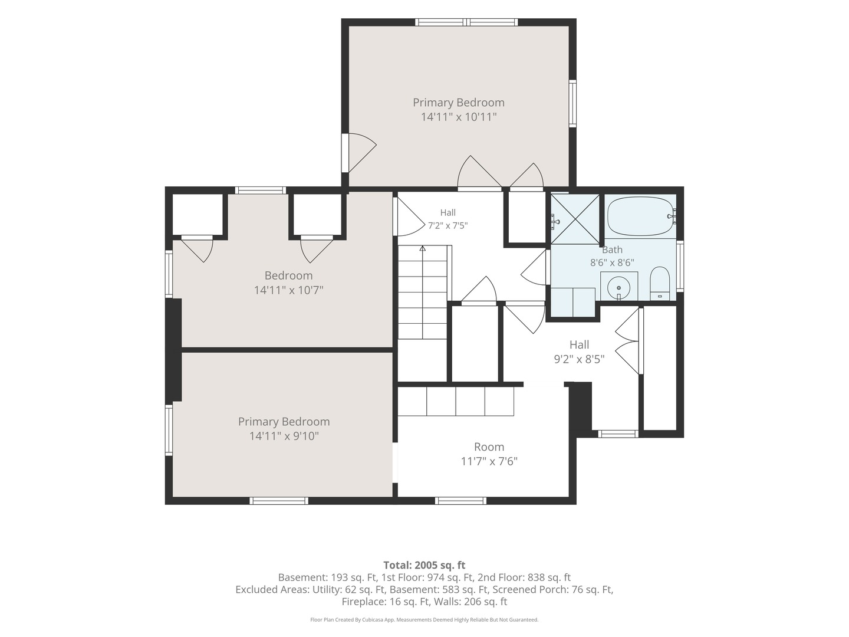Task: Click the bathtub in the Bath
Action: tap(640, 216)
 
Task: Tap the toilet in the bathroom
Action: tap(660, 283)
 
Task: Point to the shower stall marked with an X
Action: tap(575, 219)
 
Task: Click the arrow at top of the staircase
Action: tap(422, 249)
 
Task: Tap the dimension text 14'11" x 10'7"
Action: tap(288, 290)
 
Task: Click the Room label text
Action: tap(489, 446)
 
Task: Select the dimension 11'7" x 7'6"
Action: tap(489, 461)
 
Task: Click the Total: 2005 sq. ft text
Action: tap(424, 565)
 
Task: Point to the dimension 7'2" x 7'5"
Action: tap(448, 225)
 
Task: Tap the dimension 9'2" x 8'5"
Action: tap(579, 359)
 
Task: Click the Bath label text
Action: tap(612, 249)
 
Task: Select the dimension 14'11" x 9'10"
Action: tap(284, 436)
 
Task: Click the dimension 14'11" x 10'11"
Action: tap(458, 117)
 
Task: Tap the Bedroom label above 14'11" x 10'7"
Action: tap(288, 275)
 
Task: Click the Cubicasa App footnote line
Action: tap(424, 620)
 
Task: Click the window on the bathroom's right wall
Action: tap(680, 265)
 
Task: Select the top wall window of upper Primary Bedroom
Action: tap(466, 22)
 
